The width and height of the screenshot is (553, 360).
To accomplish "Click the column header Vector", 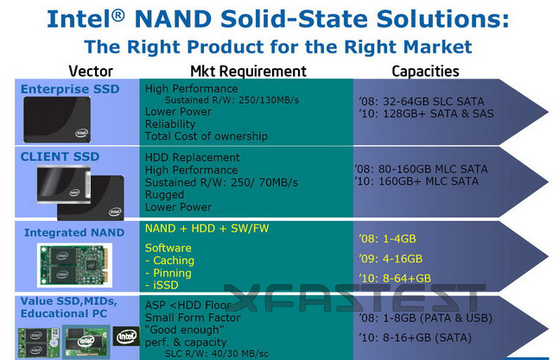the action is click(91, 71).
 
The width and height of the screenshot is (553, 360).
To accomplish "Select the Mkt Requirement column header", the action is click(248, 71).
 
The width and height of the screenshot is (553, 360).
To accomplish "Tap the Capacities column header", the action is click(425, 72).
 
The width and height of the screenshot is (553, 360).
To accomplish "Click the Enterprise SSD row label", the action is click(70, 89).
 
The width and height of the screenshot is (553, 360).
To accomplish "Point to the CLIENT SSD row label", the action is click(60, 156).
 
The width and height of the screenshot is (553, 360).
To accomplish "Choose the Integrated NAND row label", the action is click(74, 232).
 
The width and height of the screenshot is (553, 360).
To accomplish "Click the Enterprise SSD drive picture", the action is click(57, 120).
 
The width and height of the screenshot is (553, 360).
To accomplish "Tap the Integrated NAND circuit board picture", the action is click(74, 265).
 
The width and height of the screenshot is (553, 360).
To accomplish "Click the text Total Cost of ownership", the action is click(207, 136).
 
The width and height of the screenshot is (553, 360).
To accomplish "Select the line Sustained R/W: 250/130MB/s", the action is click(232, 100).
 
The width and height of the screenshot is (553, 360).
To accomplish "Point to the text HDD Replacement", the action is click(192, 157).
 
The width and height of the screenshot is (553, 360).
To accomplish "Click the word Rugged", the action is click(164, 195).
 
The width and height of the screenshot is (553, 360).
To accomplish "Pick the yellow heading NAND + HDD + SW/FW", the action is click(207, 228).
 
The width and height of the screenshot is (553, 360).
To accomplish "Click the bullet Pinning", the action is click(168, 273).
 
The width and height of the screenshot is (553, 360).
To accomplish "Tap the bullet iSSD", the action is click(162, 285).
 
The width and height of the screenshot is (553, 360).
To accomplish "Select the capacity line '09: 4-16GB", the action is click(391, 258).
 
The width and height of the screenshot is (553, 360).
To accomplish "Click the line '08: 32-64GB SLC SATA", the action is click(422, 102).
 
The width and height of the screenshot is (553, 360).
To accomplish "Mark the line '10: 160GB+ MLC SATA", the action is click(416, 181).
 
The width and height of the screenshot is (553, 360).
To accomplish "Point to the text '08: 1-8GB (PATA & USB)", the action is click(426, 318).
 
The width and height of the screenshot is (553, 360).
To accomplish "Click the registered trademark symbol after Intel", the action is click(118, 16).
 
